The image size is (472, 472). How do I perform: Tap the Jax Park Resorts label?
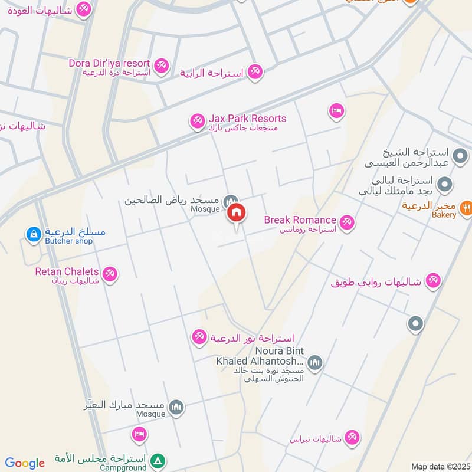tap(247, 119)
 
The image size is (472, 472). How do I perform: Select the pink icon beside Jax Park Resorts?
tap(197, 122)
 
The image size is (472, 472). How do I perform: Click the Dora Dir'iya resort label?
tap(110, 63)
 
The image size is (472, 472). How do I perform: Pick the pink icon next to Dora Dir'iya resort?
tap(161, 64)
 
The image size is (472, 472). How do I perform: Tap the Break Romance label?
tap(300, 220)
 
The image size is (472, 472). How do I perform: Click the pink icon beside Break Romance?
tap(347, 222)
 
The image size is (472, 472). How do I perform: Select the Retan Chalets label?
tap(67, 271)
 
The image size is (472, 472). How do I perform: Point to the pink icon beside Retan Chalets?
tap(110, 274)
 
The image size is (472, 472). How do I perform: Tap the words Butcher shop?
tap(67, 241)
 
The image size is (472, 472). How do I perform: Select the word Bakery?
tap(444, 215)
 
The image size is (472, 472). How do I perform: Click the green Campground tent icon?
tap(158, 461)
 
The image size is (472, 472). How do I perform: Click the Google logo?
tap(25, 463)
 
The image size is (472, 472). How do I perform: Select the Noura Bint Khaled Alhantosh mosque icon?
tap(315, 361)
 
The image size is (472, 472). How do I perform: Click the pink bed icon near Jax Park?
tap(336, 110)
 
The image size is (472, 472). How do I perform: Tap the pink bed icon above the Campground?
tap(139, 435)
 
